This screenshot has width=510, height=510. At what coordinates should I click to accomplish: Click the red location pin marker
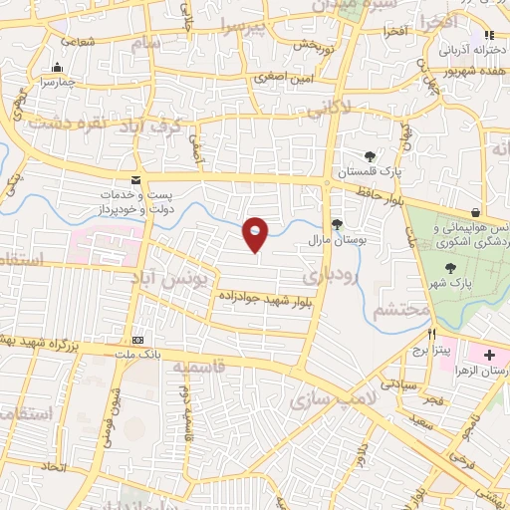(x=256, y=233)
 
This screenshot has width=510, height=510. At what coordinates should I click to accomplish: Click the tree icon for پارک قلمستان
(x=371, y=155)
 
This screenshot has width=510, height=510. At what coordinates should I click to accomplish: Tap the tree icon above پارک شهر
(x=450, y=267)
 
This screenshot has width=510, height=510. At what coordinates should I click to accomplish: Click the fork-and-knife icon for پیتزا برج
(x=431, y=334)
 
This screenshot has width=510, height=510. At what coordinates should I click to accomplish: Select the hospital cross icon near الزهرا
(x=489, y=355)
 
